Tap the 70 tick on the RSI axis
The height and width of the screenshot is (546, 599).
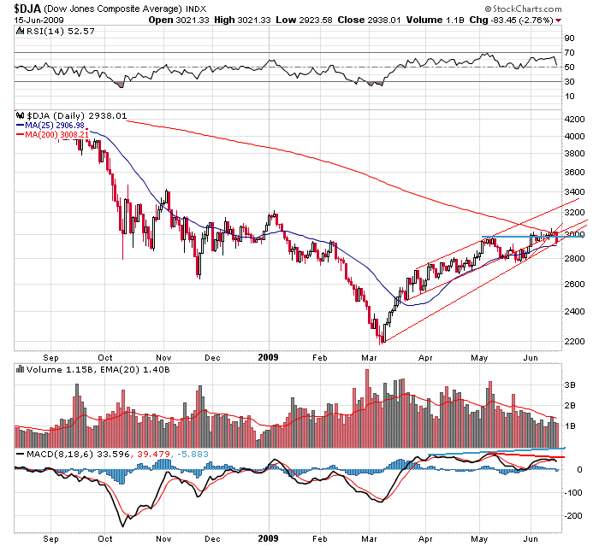[568, 53]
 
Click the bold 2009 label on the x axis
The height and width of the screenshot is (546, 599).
[269, 359]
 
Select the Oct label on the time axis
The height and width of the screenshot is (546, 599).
[105, 359]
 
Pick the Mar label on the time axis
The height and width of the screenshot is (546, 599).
[371, 359]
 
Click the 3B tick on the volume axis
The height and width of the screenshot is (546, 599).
[568, 385]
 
